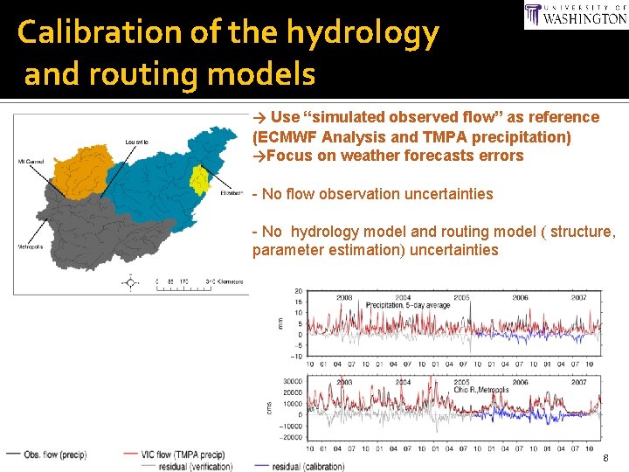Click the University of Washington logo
(x=575, y=15)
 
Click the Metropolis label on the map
(x=31, y=246)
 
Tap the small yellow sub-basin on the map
(x=200, y=180)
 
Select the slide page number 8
(x=604, y=458)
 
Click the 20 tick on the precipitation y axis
(x=297, y=291)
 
